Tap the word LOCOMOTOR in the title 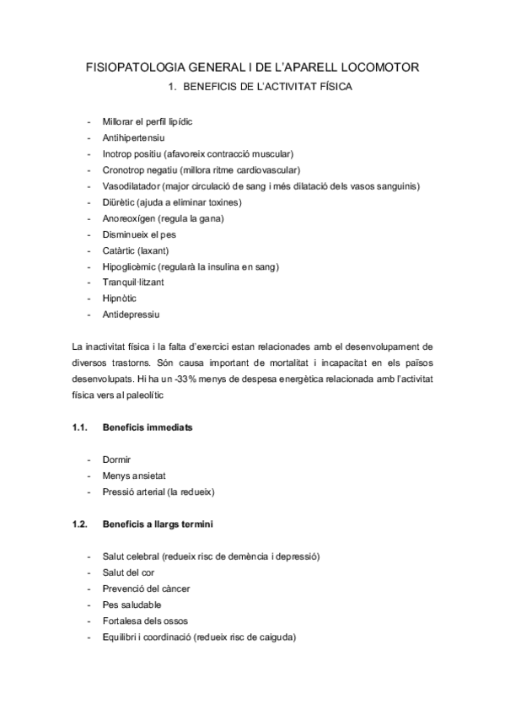tap(379, 67)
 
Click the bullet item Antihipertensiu tap(133, 137)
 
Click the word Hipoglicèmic tap(128, 266)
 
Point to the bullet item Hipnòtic tap(119, 298)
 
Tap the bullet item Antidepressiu tap(131, 314)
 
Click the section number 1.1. tap(81, 427)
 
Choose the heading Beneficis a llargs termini tap(158, 524)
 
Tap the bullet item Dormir tap(116, 460)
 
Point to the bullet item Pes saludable tap(132, 605)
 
